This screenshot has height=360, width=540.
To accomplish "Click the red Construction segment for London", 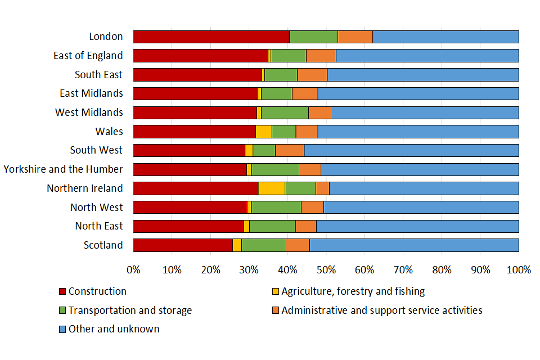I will coord(211,37).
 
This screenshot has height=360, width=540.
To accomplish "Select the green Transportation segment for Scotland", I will coord(263,245).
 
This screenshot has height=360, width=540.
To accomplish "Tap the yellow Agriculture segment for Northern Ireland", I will coord(271,188).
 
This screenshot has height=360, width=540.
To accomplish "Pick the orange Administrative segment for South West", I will coord(290,150).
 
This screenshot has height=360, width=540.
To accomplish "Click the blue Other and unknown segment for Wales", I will coord(418,132).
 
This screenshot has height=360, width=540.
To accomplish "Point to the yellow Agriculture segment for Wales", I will coord(263,132).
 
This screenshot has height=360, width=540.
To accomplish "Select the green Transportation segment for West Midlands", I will coord(285,112).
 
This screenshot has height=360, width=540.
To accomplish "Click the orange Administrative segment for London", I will coord(355,37).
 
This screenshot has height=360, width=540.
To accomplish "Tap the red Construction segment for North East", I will coord(188,226).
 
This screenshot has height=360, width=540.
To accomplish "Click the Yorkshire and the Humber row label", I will coord(63,169).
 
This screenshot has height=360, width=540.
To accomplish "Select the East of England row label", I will coord(88,56).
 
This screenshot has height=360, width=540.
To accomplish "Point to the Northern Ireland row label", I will coord(84,188).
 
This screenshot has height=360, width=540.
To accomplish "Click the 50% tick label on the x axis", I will coord(326,269).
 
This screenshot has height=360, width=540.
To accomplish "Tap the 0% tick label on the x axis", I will coord(133,269).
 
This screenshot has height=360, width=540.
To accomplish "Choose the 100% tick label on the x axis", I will coord(519,269).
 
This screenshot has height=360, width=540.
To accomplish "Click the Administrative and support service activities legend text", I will coord(382,310).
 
